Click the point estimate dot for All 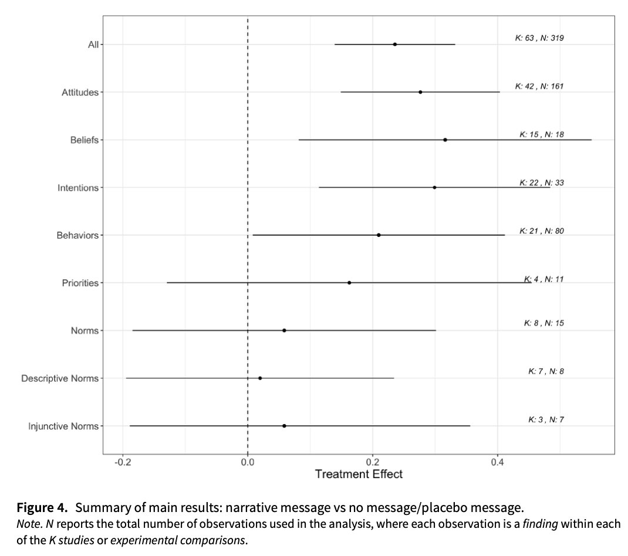[x=395, y=45]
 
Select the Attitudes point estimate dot [x=420, y=92]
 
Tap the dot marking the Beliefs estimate [x=445, y=140]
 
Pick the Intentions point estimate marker [x=434, y=188]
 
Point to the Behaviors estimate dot [x=379, y=235]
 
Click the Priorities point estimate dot [x=349, y=283]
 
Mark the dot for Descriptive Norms [x=260, y=378]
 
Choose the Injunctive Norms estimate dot [x=284, y=426]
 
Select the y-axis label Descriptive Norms [x=60, y=378]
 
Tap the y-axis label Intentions [x=78, y=188]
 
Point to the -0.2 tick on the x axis [x=123, y=462]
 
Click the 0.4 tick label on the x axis [x=498, y=462]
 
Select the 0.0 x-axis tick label [x=248, y=462]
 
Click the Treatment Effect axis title [x=359, y=474]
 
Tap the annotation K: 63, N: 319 [x=539, y=38]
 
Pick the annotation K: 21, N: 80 [x=541, y=231]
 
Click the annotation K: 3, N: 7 [x=546, y=420]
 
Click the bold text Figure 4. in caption [x=43, y=507]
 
